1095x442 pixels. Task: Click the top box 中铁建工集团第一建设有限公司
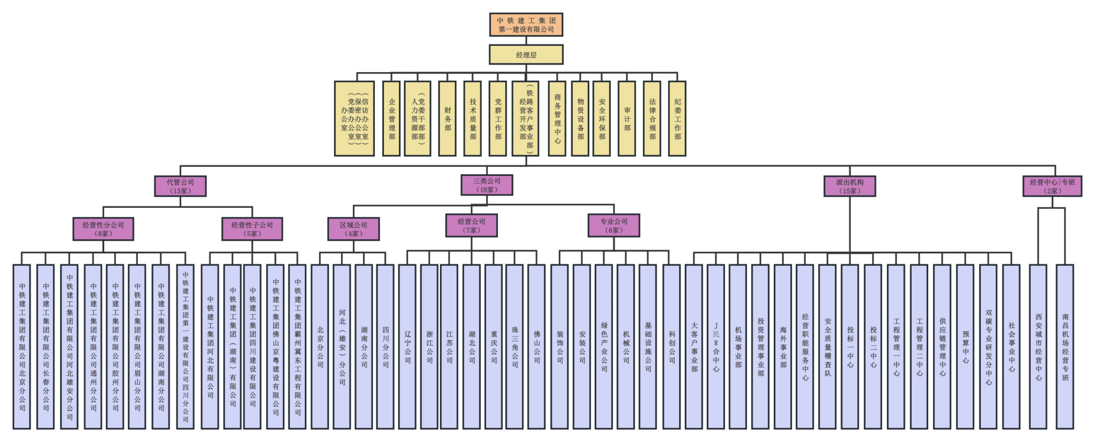(x=526, y=25)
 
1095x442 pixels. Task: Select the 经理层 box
(x=526, y=55)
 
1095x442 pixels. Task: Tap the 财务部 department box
(x=448, y=119)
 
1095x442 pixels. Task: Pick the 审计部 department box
(x=627, y=119)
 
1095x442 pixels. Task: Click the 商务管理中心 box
(x=557, y=119)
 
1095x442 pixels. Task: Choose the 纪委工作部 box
(x=677, y=119)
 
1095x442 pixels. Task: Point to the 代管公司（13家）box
(x=180, y=186)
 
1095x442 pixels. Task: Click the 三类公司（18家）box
(x=487, y=185)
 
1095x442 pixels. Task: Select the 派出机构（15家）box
(x=850, y=186)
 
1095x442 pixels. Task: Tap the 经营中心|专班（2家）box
(x=1052, y=186)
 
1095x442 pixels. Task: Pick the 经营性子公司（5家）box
(x=252, y=229)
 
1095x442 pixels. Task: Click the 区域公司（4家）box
(x=353, y=229)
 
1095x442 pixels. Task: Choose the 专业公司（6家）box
(x=614, y=226)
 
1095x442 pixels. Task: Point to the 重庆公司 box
(x=494, y=346)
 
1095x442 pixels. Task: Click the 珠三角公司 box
(x=515, y=346)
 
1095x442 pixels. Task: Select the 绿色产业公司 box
(x=604, y=346)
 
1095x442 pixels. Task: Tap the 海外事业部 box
(x=783, y=346)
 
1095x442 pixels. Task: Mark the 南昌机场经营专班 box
(x=1065, y=346)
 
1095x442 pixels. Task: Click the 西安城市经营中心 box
(x=1038, y=346)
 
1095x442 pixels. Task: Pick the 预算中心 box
(x=966, y=346)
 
